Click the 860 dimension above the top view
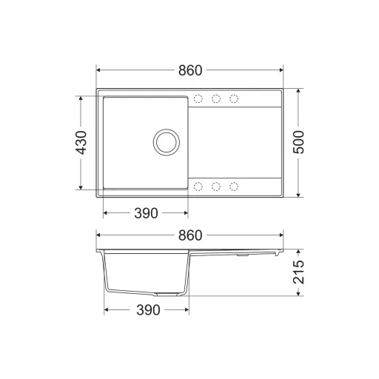190,70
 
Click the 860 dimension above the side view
190,235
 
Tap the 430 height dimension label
81,143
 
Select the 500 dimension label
298,142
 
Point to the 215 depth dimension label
298,272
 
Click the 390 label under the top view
146,213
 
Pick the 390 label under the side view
148,310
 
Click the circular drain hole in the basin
167,142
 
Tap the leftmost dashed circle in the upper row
198,98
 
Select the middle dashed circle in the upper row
216,98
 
